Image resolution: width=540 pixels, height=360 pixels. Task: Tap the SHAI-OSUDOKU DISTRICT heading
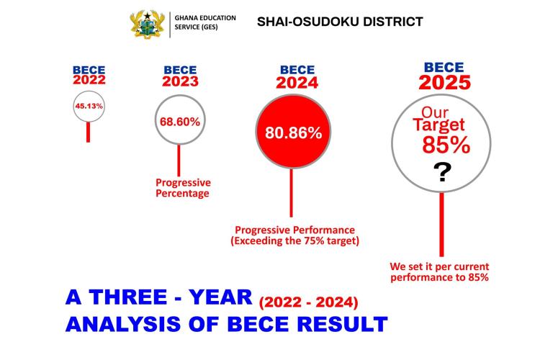tap(340, 22)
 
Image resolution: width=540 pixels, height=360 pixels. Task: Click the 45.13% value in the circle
tap(89, 106)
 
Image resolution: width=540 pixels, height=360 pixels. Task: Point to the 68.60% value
tap(179, 121)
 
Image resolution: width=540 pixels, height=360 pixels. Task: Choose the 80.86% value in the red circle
tap(293, 132)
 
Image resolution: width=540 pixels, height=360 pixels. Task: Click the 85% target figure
tap(446, 145)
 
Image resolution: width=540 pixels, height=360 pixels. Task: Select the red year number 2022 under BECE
tap(89, 79)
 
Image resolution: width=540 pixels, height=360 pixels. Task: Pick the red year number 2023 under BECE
tap(180, 81)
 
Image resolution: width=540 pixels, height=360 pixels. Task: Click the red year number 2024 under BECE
tap(297, 83)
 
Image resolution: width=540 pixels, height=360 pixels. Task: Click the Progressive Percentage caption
tap(183, 189)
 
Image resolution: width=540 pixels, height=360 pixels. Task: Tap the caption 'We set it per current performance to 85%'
tap(439, 271)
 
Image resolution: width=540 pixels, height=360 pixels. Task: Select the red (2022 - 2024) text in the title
tap(309, 300)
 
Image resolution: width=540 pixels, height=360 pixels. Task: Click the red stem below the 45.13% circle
tap(89, 131)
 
